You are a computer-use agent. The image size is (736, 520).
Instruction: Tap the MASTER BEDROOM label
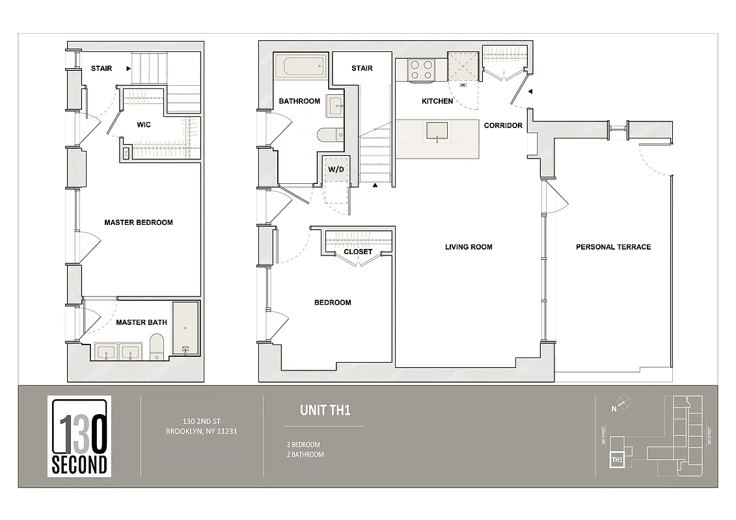(139, 222)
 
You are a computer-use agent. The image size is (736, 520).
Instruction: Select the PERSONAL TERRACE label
(613, 247)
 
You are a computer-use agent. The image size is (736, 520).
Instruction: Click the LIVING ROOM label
(469, 247)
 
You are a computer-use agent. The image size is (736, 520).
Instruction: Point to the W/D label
(336, 170)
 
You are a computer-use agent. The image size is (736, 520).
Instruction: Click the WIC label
(144, 125)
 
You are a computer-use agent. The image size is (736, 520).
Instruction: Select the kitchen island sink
(437, 131)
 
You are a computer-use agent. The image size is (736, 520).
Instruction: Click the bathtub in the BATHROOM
(300, 66)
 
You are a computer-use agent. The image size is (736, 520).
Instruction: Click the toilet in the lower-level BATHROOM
(330, 134)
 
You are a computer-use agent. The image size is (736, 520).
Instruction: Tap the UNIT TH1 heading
(325, 410)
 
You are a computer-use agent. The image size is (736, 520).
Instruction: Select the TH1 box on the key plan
(616, 460)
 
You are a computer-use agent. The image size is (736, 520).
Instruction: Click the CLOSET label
(358, 252)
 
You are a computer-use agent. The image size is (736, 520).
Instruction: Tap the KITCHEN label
(437, 101)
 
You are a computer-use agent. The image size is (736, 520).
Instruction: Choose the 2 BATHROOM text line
(305, 454)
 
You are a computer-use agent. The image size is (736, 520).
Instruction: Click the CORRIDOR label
(503, 125)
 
